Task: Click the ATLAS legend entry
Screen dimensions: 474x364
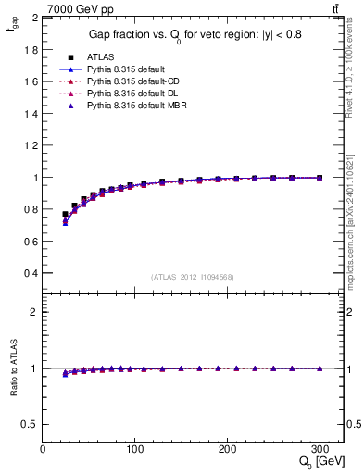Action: click(100, 56)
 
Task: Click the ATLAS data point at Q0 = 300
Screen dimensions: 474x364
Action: click(320, 178)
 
